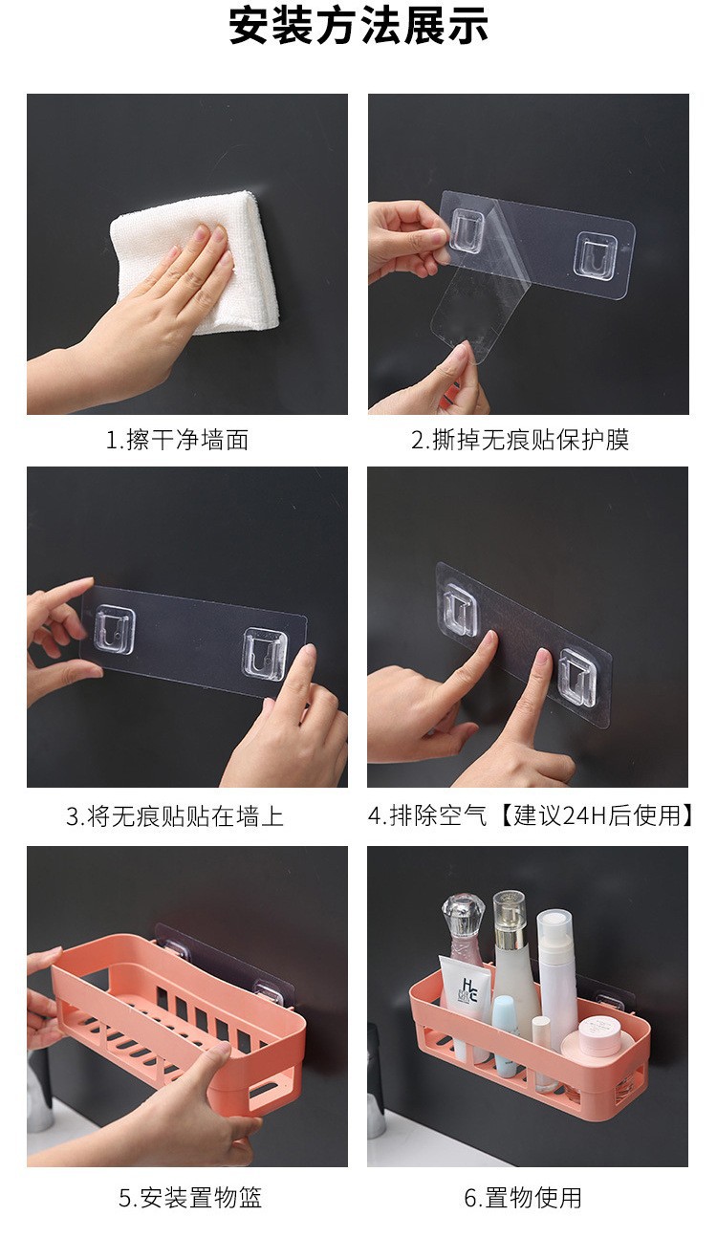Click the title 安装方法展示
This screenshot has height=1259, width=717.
click(x=358, y=25)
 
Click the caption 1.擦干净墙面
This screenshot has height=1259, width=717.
click(x=178, y=440)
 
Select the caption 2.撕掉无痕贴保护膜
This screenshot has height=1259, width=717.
click(x=520, y=440)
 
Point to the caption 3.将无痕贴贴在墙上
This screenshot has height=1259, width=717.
click(x=175, y=816)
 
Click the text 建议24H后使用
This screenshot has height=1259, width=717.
click(x=597, y=815)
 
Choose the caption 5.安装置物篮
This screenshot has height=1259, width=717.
click(x=190, y=1198)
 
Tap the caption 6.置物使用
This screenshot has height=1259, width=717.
click(x=523, y=1198)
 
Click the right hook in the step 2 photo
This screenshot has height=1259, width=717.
click(x=597, y=254)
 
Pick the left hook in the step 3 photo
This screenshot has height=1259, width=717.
click(x=115, y=629)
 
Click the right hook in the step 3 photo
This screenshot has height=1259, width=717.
click(x=266, y=654)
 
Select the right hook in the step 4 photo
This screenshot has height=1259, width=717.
click(x=578, y=678)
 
